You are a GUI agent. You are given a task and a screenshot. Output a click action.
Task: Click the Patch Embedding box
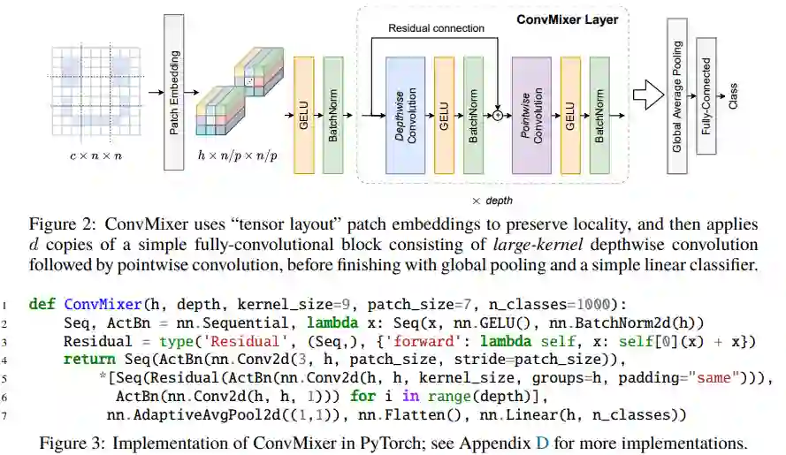pyautogui.click(x=175, y=91)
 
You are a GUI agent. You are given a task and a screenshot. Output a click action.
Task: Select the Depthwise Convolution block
pyautogui.click(x=406, y=115)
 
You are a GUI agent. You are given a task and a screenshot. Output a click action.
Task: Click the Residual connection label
pyautogui.click(x=437, y=28)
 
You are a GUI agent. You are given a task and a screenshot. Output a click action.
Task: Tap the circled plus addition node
pyautogui.click(x=498, y=116)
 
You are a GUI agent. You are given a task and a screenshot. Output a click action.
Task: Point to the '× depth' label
pyautogui.click(x=492, y=201)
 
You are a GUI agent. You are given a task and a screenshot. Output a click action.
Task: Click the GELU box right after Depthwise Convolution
pyautogui.click(x=445, y=115)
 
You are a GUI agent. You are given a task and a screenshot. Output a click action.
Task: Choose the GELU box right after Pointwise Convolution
pyautogui.click(x=570, y=115)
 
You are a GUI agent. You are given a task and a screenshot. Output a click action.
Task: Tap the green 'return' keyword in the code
pyautogui.click(x=88, y=360)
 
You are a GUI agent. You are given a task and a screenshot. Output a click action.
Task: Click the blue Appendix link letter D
pyautogui.click(x=542, y=442)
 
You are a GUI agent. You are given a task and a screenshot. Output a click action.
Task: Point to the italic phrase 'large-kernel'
pyautogui.click(x=546, y=244)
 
